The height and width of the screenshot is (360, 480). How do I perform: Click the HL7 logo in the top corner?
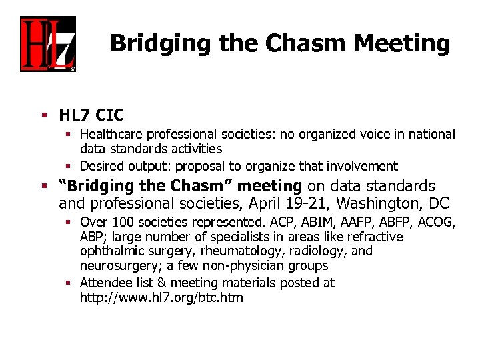47,44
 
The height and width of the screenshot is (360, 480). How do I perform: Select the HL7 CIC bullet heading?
91,115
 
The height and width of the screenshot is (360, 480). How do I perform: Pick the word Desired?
101,166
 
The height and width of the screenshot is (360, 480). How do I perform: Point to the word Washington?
382,203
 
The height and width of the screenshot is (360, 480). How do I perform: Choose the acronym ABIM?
311,222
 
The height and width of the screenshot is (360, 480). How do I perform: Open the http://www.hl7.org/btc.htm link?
161,298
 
